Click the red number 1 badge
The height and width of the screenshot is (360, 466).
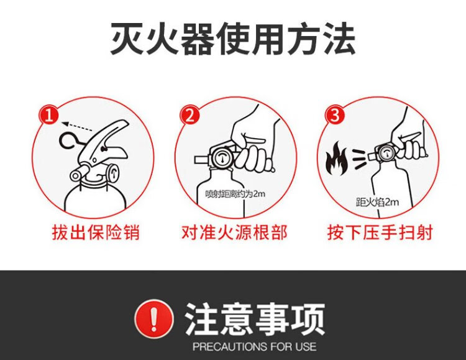pyautogui.click(x=49, y=115)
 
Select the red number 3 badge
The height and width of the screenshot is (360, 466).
pyautogui.click(x=336, y=115)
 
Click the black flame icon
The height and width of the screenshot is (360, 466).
pyautogui.click(x=336, y=158)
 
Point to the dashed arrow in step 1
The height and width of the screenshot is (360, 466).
pyautogui.click(x=77, y=126)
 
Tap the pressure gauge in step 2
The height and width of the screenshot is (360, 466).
pyautogui.click(x=222, y=157)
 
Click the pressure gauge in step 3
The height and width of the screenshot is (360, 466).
pyautogui.click(x=386, y=153)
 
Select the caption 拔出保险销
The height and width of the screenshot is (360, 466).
pyautogui.click(x=96, y=233)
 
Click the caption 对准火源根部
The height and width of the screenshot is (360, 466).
pyautogui.click(x=235, y=233)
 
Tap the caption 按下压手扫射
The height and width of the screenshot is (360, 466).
pyautogui.click(x=380, y=233)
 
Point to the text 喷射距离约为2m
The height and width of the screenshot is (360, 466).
pyautogui.click(x=235, y=194)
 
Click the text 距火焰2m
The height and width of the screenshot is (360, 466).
pyautogui.click(x=377, y=202)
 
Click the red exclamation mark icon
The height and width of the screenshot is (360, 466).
pyautogui.click(x=153, y=318)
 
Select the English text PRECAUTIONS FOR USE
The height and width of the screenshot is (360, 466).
pyautogui.click(x=254, y=346)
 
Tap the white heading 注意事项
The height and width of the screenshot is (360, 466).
pyautogui.click(x=254, y=319)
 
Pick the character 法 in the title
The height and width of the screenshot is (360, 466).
pyautogui.click(x=339, y=39)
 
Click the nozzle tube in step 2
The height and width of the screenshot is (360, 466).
pyautogui.click(x=203, y=159)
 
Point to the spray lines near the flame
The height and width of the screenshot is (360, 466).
pyautogui.click(x=360, y=160)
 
